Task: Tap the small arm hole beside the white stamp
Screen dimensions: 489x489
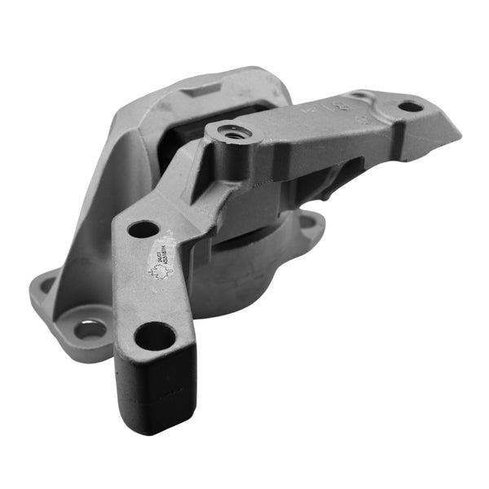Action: [x=143, y=230]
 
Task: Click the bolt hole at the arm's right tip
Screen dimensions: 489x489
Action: [x=411, y=106]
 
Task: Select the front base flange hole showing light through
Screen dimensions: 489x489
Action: [x=91, y=329]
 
